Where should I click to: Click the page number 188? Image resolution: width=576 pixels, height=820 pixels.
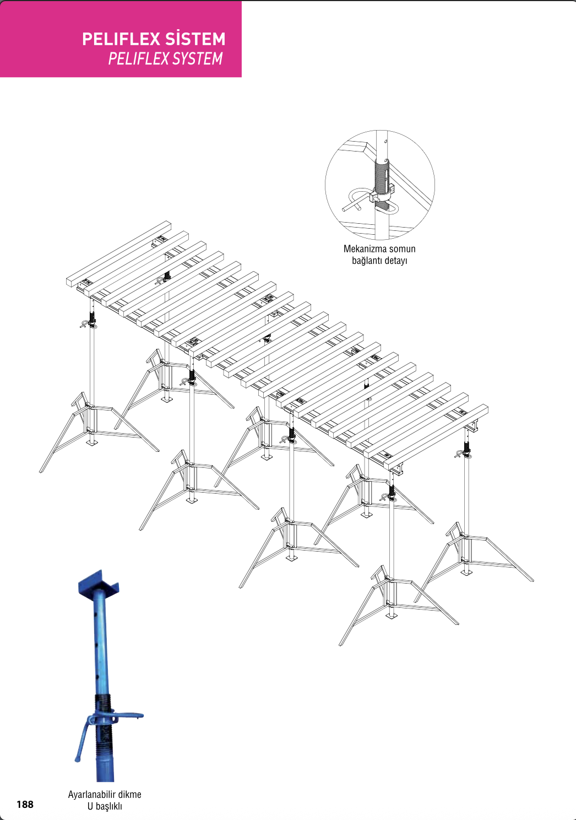click(25, 804)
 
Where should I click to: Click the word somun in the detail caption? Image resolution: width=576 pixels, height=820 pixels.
click(403, 249)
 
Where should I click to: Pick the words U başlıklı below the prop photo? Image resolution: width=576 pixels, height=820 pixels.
click(105, 806)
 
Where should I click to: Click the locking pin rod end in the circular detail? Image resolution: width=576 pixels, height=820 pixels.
click(345, 210)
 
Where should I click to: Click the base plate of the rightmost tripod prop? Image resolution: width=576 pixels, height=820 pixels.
click(466, 573)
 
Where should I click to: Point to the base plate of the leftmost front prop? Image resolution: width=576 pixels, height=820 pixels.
click(91, 443)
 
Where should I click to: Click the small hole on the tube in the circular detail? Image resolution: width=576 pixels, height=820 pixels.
click(385, 141)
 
